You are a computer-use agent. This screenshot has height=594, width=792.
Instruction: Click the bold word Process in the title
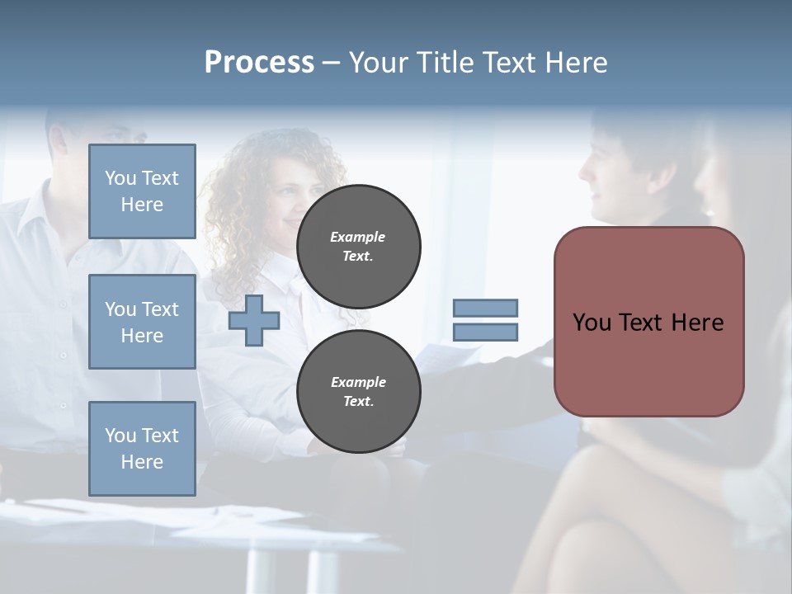pos(259,63)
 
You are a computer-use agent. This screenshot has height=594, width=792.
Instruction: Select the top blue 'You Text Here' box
pos(142,191)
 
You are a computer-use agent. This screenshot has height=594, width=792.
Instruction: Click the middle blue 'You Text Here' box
pos(142,322)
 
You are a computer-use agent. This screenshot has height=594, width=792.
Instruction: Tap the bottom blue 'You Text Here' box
pos(142,448)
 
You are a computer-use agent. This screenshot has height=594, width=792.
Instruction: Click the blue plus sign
pos(253,321)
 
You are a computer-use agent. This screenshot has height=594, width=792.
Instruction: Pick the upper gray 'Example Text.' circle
pos(358,247)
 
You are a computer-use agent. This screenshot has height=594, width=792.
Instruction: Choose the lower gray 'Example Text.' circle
pos(358,392)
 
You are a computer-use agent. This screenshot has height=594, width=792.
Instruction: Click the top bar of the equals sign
pos(485,308)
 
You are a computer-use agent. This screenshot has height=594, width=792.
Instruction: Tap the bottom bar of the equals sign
pos(485,332)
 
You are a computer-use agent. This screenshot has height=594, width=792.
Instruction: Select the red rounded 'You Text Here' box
pos(648,322)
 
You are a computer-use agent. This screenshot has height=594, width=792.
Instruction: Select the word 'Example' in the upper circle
pos(357,237)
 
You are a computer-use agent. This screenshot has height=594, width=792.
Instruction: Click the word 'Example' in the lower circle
pos(358,382)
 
